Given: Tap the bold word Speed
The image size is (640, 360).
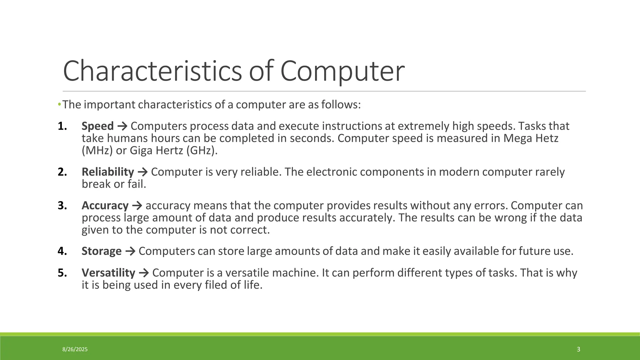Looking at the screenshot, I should pyautogui.click(x=97, y=126).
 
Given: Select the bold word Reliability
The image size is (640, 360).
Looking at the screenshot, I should pyautogui.click(x=108, y=172).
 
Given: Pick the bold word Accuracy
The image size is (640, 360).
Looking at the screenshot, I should pyautogui.click(x=105, y=206).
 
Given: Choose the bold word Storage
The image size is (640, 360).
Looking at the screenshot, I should pyautogui.click(x=102, y=251).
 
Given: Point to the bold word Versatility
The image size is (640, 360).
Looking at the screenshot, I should pyautogui.click(x=108, y=273).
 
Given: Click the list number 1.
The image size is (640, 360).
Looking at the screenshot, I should pyautogui.click(x=62, y=126).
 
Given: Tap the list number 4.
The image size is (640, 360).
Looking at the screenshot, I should pyautogui.click(x=62, y=251).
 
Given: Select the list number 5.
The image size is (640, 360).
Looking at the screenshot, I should pyautogui.click(x=62, y=273).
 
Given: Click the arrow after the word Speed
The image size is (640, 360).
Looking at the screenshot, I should pyautogui.click(x=122, y=126).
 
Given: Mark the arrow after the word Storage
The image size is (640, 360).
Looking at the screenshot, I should pyautogui.click(x=130, y=251).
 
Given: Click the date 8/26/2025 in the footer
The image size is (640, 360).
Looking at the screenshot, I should pyautogui.click(x=75, y=349).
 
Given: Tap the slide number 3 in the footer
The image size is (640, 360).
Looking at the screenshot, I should pyautogui.click(x=578, y=349).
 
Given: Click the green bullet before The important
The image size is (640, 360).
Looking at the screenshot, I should pyautogui.click(x=59, y=104).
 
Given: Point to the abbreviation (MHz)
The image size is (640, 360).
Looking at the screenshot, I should pyautogui.click(x=97, y=151).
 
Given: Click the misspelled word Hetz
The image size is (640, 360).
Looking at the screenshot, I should pyautogui.click(x=547, y=138).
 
